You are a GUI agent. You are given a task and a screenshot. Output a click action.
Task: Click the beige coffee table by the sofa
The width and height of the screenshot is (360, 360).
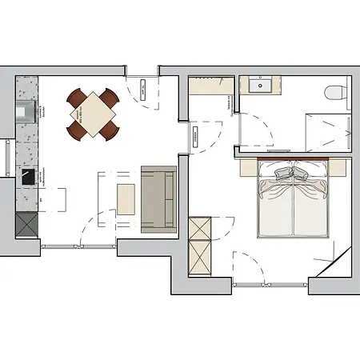(126, 198)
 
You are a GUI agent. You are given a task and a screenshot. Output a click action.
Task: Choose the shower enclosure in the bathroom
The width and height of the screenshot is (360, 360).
(326, 130)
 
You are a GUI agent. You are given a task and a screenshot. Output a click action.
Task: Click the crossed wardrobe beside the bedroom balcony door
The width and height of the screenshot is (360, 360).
(200, 244)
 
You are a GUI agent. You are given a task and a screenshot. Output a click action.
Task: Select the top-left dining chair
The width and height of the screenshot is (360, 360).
(78, 98)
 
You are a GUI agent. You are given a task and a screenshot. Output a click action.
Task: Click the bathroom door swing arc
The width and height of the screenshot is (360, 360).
(253, 128)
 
